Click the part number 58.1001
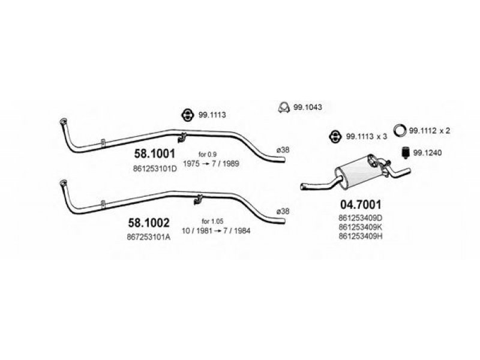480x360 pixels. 155,154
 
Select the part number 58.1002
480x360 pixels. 149,223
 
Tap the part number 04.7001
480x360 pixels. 361,204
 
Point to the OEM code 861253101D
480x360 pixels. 155,169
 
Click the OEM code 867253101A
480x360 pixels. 149,237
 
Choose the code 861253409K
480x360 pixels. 361,227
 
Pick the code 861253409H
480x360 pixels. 361,236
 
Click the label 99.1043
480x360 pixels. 308,107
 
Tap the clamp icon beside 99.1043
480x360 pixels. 284,107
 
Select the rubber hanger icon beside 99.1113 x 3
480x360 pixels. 335,137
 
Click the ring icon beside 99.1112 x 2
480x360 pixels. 400,130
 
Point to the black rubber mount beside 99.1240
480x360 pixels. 406,152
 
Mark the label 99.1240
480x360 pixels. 428,153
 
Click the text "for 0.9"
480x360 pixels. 208,154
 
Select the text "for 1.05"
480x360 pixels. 212,221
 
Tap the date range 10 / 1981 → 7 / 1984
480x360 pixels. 216,230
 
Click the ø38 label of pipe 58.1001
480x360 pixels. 283,150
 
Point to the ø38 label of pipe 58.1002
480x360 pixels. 283,211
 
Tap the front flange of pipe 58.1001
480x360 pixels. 63,121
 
